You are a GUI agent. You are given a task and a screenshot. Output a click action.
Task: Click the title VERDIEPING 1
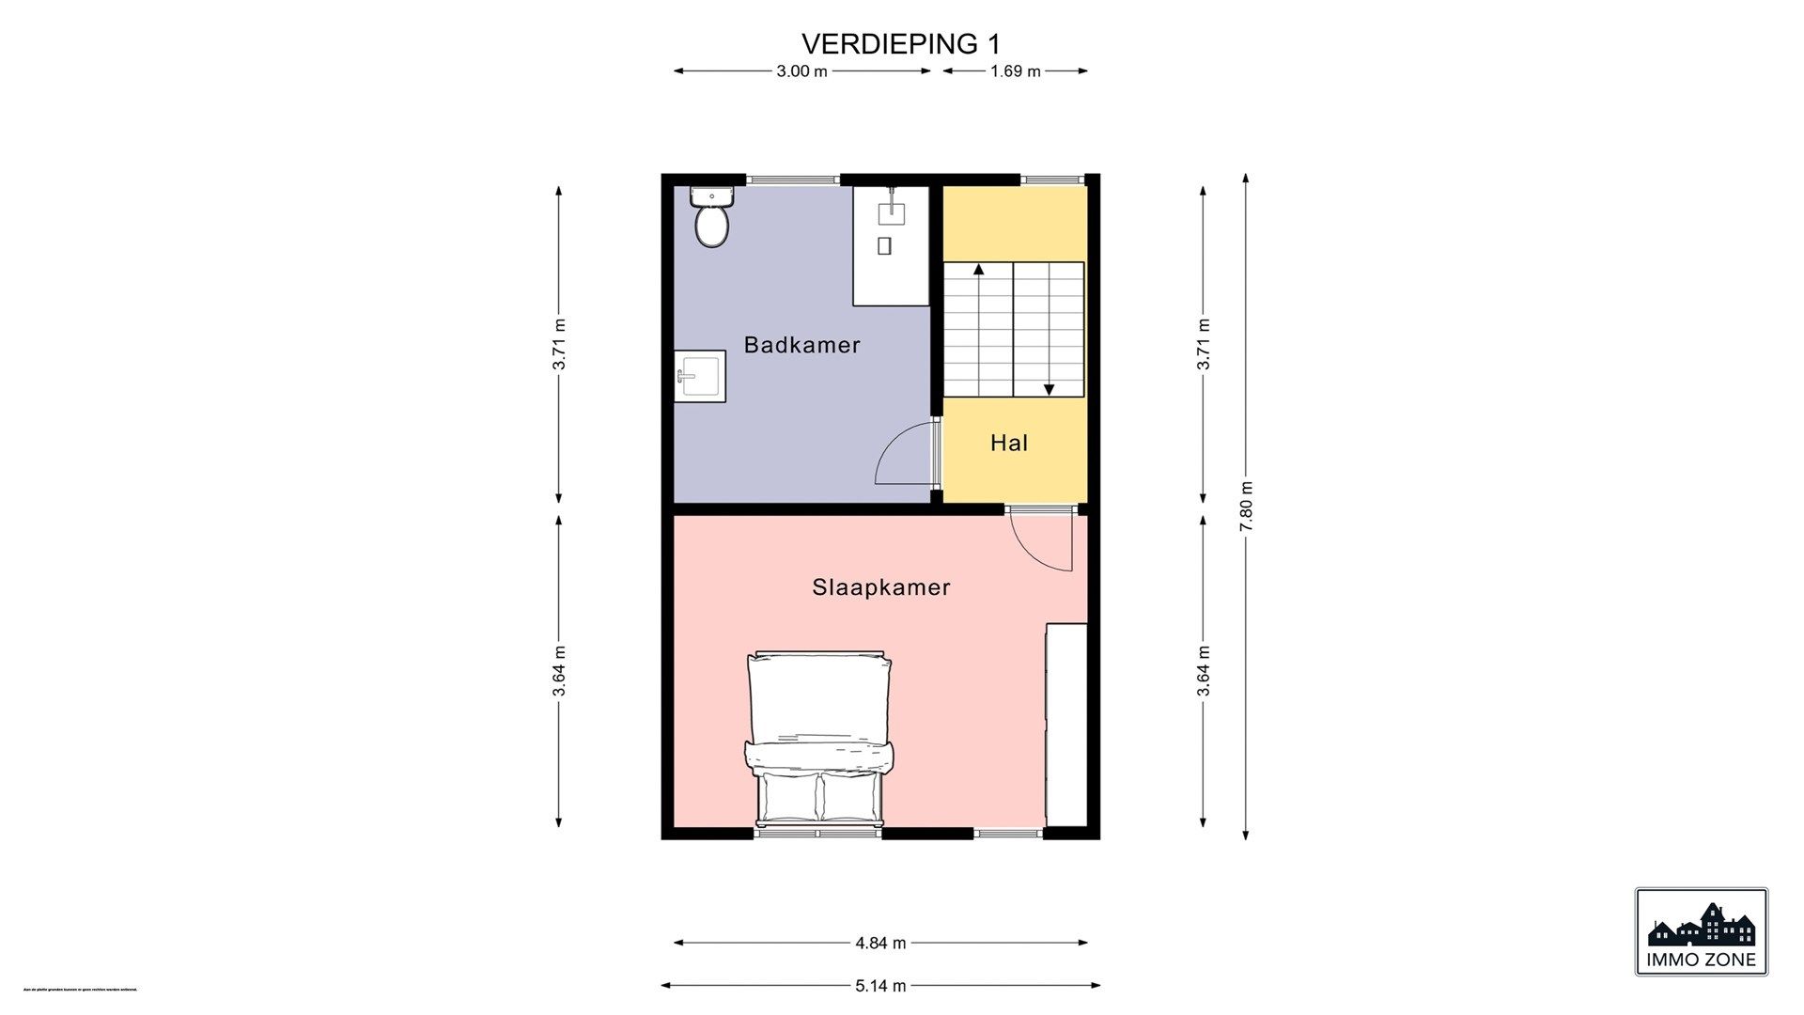[900, 44]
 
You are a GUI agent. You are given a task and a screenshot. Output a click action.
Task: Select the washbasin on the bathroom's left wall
[699, 376]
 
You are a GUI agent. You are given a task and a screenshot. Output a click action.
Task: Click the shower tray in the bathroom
[891, 246]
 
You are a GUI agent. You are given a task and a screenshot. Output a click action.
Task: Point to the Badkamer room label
[801, 345]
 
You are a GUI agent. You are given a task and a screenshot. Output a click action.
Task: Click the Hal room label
[1008, 443]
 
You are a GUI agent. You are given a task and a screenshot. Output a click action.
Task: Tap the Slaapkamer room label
[880, 587]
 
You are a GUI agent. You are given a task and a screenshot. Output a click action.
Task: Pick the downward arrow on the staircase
[1049, 388]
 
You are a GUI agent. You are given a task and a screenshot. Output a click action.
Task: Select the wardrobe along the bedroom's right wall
[1066, 724]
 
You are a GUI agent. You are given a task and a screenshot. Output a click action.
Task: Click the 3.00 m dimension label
[801, 71]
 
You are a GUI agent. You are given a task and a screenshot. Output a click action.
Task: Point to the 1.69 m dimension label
[1015, 71]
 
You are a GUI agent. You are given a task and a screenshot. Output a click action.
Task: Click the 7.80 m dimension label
[1246, 507]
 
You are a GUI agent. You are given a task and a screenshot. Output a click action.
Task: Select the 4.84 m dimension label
[880, 943]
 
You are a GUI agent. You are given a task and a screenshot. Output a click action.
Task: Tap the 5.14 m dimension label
[880, 986]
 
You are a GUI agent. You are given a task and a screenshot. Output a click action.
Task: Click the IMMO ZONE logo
[1701, 931]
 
